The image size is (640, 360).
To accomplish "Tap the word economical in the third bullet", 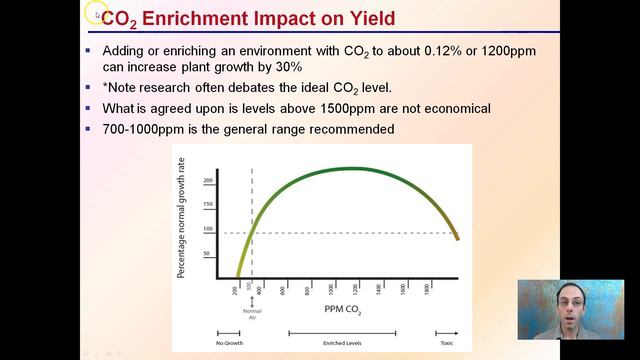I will pos(453,108).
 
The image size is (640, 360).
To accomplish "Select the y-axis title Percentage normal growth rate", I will pos(181,216).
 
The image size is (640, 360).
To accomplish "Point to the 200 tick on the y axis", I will pos(209,181).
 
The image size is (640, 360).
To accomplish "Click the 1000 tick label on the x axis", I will pos(332,289).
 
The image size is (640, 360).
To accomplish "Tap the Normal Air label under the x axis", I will pos(251,313).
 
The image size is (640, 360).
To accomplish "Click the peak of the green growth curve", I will pos(345,169).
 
